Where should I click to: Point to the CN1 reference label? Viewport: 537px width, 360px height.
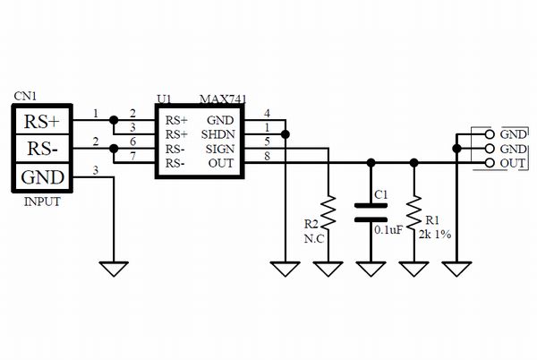[25, 94]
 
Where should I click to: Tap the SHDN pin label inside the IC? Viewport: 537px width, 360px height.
[219, 133]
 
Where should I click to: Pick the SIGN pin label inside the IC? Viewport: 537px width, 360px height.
[219, 149]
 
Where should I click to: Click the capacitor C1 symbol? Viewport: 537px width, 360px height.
[371, 212]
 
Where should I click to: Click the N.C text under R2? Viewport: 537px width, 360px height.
[313, 239]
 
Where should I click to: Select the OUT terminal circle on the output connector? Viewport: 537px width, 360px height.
[489, 163]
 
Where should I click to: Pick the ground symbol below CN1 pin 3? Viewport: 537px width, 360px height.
[114, 268]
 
